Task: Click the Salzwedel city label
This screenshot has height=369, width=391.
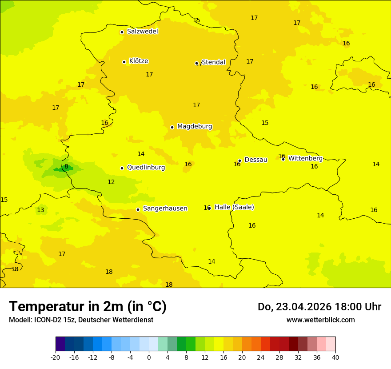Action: pyautogui.click(x=142, y=32)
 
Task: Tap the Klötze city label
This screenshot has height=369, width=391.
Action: pyautogui.click(x=139, y=61)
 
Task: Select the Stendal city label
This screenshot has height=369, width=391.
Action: pyautogui.click(x=214, y=62)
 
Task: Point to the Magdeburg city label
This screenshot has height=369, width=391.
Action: pyautogui.click(x=195, y=127)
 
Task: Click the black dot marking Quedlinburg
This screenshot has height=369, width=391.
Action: pyautogui.click(x=122, y=168)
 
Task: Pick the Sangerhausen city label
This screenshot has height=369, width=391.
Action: pyautogui.click(x=165, y=209)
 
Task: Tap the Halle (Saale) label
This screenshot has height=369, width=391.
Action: pyautogui.click(x=234, y=207)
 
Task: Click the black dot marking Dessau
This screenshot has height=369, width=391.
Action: pyautogui.click(x=239, y=160)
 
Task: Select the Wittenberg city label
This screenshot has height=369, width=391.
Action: pyautogui.click(x=305, y=158)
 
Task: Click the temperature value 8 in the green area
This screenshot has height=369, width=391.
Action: pyautogui.click(x=66, y=167)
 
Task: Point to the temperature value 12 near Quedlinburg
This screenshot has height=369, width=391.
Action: pyautogui.click(x=111, y=182)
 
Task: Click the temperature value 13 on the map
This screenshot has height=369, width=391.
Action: pyautogui.click(x=40, y=210)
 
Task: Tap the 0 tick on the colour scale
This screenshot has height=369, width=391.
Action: pyautogui.click(x=149, y=357)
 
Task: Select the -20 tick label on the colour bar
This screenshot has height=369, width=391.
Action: pyautogui.click(x=56, y=357)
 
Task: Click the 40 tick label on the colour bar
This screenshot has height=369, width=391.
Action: pyautogui.click(x=335, y=357)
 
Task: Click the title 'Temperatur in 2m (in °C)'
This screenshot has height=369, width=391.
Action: pyautogui.click(x=88, y=306)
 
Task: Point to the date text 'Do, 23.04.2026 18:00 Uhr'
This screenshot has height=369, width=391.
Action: pyautogui.click(x=319, y=307)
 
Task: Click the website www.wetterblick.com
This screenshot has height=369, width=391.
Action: pyautogui.click(x=320, y=320)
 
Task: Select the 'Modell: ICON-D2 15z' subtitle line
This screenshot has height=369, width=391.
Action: pyautogui.click(x=81, y=320)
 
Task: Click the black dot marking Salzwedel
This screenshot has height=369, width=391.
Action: pyautogui.click(x=122, y=32)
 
